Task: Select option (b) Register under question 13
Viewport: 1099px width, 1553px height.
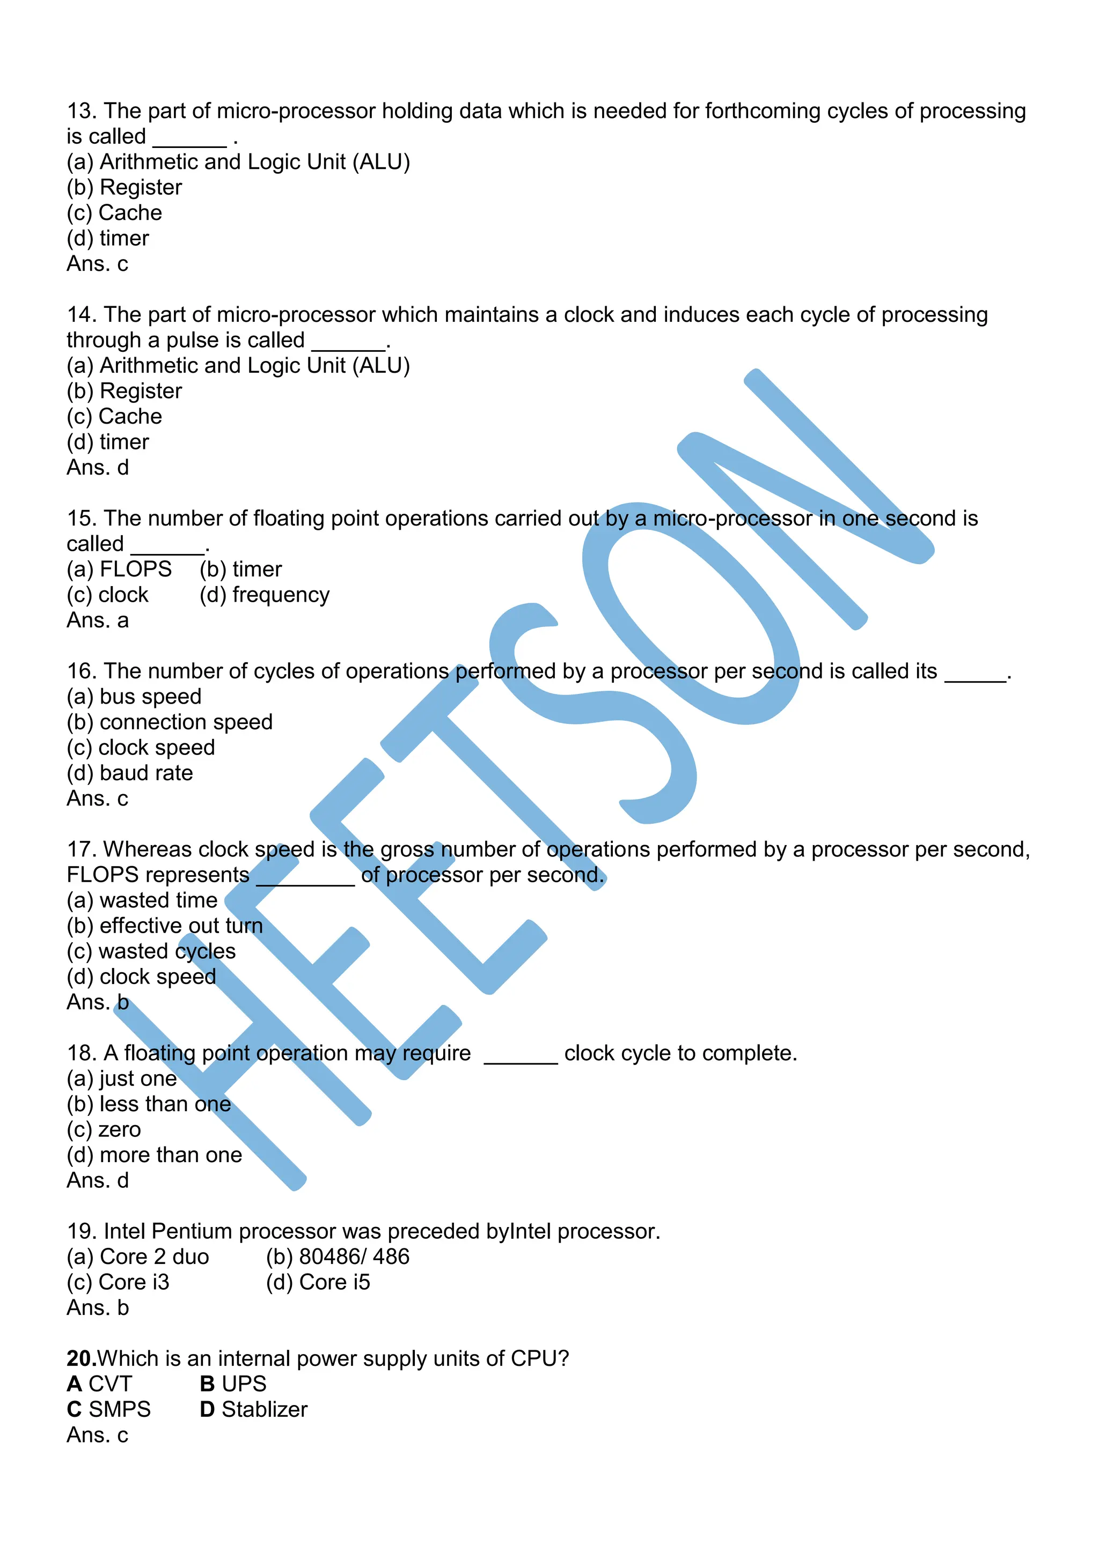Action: click(124, 187)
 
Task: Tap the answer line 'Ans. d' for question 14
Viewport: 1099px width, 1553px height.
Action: click(98, 468)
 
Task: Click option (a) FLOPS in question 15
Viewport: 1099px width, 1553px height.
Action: click(119, 570)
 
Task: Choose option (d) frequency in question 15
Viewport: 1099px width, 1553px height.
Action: click(264, 595)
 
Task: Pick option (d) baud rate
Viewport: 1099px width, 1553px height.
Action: click(129, 773)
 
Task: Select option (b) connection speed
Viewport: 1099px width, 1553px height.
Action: click(169, 722)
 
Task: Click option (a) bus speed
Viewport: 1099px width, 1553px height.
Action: click(134, 697)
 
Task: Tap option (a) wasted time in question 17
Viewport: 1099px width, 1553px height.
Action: click(142, 900)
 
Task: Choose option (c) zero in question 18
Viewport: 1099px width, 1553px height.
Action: click(104, 1129)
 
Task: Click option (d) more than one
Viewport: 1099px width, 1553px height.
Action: click(155, 1155)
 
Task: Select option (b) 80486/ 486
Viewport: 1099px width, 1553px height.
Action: click(337, 1257)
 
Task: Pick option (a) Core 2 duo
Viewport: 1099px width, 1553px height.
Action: click(138, 1257)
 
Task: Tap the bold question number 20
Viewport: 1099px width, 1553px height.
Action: click(81, 1359)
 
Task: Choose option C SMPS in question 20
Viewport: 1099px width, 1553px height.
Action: click(108, 1410)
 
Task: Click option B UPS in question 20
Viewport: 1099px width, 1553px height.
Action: click(233, 1384)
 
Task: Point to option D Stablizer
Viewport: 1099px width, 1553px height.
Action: click(253, 1410)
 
